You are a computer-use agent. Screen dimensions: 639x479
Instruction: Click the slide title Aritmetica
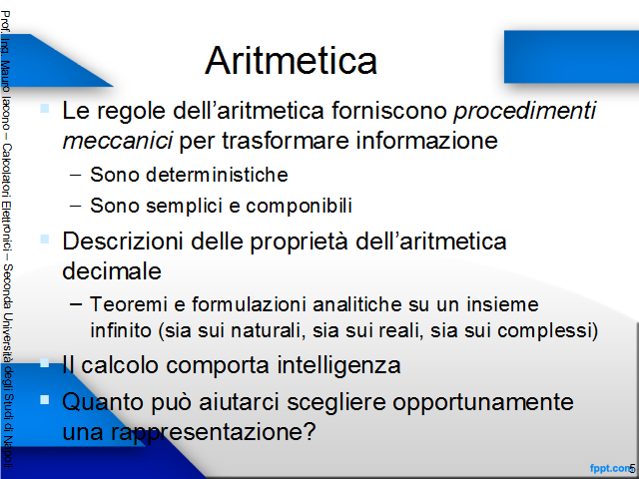pos(291,60)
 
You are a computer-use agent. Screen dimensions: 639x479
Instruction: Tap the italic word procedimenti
pos(525,111)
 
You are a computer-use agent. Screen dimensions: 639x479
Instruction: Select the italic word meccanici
pos(118,141)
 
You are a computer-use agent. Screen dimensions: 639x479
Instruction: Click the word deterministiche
pos(217,175)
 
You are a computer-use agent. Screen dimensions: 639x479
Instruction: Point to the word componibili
pos(299,206)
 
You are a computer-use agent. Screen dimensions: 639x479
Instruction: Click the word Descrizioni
pos(122,241)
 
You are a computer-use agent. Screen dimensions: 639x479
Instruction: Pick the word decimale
pos(112,270)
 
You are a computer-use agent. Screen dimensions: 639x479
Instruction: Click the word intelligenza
pos(339,365)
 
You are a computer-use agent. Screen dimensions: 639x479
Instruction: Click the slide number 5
pos(632,469)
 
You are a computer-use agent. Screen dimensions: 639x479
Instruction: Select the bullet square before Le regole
pos(44,109)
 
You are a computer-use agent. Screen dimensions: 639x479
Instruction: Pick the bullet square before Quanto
pos(44,400)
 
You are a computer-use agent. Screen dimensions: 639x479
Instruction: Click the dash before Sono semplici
pos(76,206)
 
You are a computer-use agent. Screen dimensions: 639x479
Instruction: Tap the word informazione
pos(426,141)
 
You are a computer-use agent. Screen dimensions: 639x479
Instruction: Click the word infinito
pos(121,330)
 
